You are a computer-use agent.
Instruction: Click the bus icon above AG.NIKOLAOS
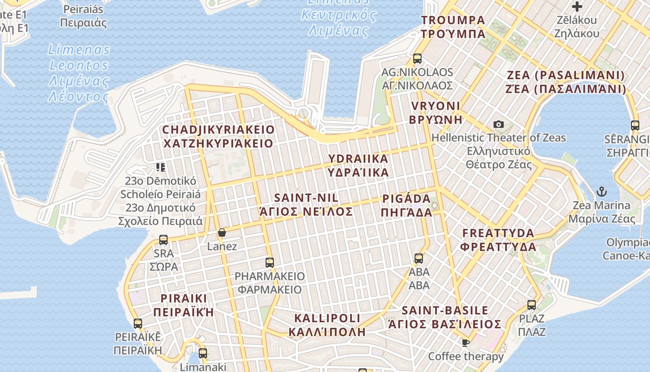[x=417, y=59]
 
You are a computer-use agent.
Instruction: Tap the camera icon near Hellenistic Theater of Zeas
[x=499, y=124]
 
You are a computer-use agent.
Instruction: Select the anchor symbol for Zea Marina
[x=602, y=191]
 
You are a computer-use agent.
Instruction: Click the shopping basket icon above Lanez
[x=222, y=232]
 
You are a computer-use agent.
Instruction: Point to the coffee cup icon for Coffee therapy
[x=466, y=343]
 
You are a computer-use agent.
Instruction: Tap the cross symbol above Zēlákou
[x=577, y=7]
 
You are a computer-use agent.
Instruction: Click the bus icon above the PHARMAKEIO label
[x=270, y=262]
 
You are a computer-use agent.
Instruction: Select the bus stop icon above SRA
[x=163, y=240]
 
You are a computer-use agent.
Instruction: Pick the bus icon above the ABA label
[x=419, y=259]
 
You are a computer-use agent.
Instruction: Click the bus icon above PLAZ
[x=532, y=306]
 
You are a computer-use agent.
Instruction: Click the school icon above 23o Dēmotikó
[x=161, y=167]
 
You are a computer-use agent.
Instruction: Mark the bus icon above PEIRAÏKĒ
[x=138, y=324]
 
